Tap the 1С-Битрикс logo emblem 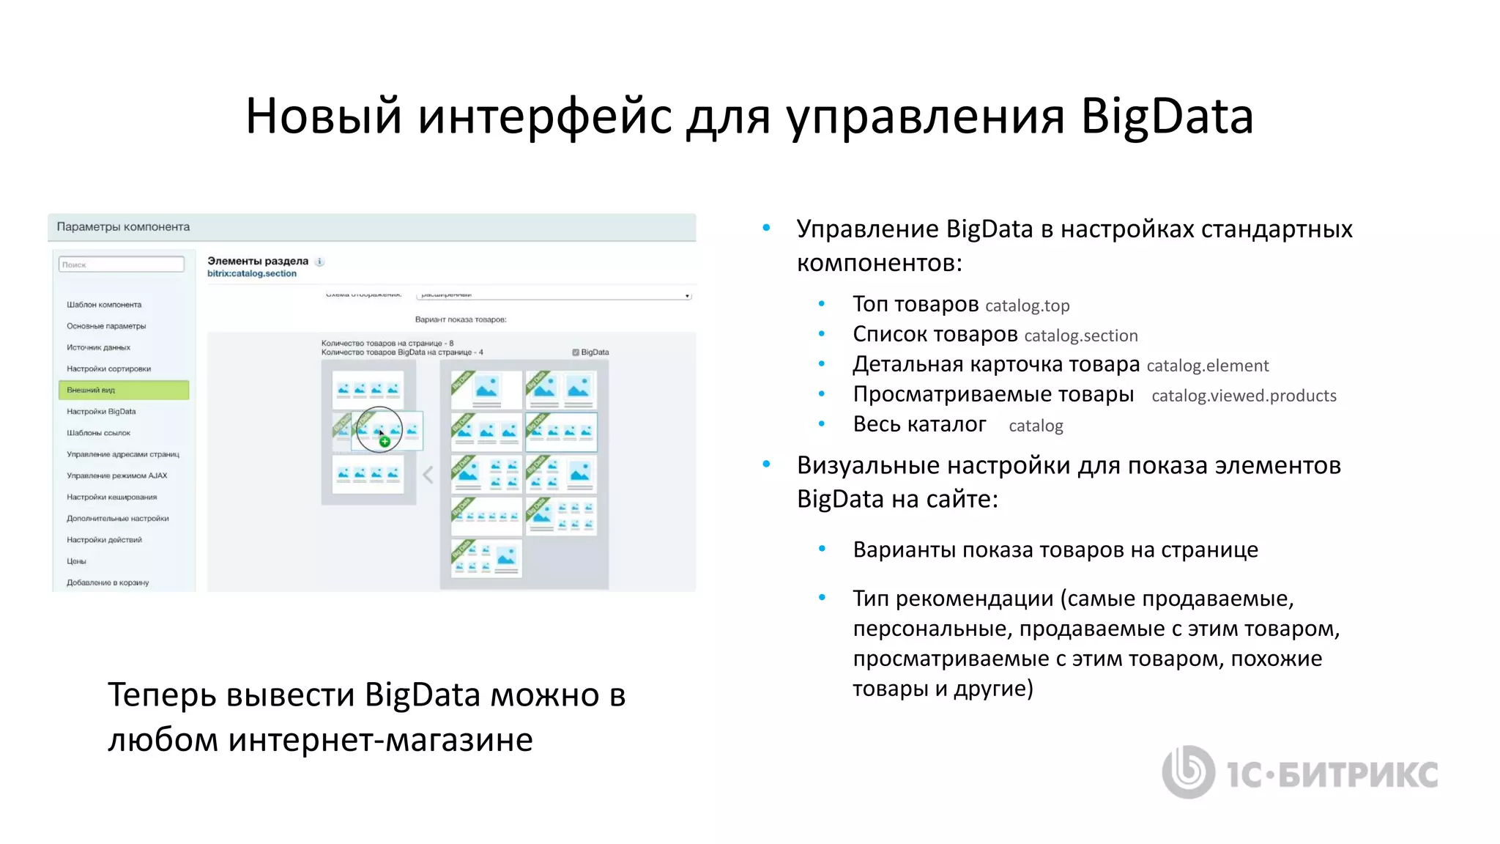click(1188, 771)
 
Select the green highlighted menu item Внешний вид click(123, 390)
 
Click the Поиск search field click(121, 264)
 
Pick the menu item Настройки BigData click(101, 412)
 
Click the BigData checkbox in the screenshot click(576, 352)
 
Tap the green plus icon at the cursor click(385, 441)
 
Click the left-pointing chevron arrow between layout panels click(428, 475)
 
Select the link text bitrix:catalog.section click(252, 274)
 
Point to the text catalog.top click(1027, 306)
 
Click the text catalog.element click(1207, 366)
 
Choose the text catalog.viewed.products click(1244, 396)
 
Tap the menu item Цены click(76, 561)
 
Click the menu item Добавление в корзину click(108, 582)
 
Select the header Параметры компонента click(123, 227)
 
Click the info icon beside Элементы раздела click(319, 262)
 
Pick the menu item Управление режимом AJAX click(116, 475)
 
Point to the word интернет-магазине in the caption click(380, 740)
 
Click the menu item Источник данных click(98, 347)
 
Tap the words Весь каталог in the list click(919, 425)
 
